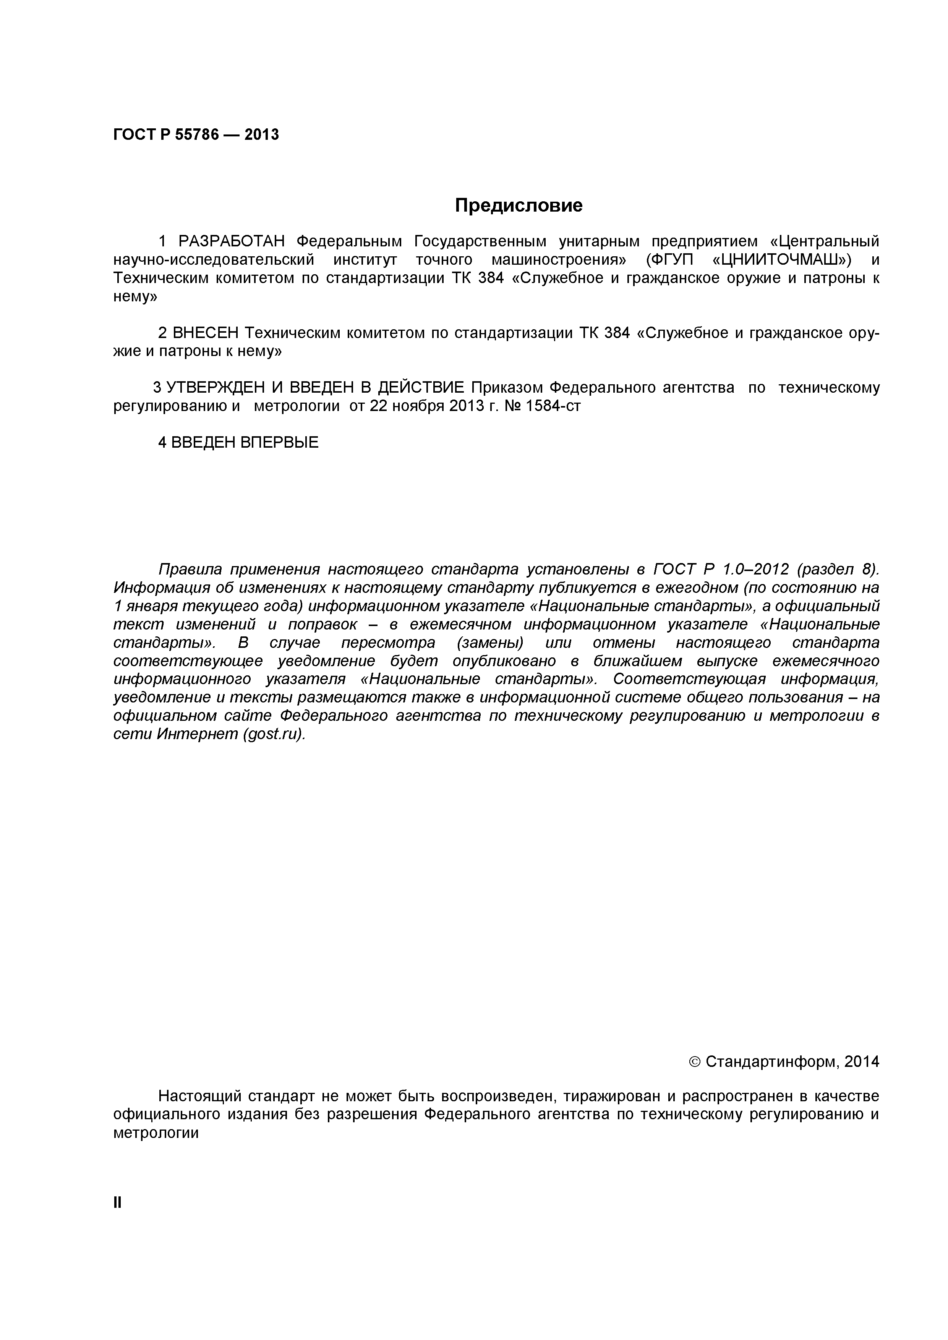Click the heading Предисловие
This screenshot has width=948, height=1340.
[x=519, y=206]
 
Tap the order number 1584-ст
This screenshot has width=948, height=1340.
[x=553, y=406]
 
